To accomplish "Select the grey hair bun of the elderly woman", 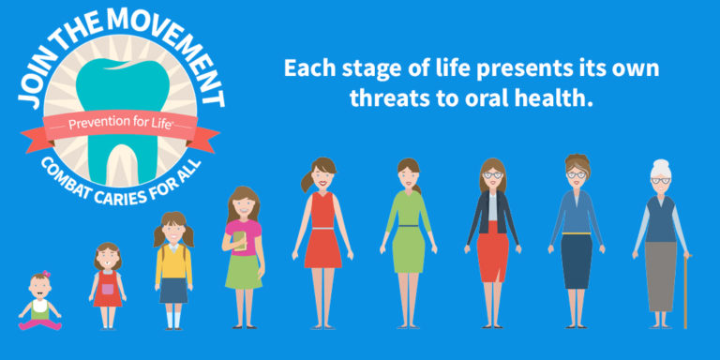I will coord(661,165).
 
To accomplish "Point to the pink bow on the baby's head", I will coord(44,277).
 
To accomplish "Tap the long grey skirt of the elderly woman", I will coord(660,276).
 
